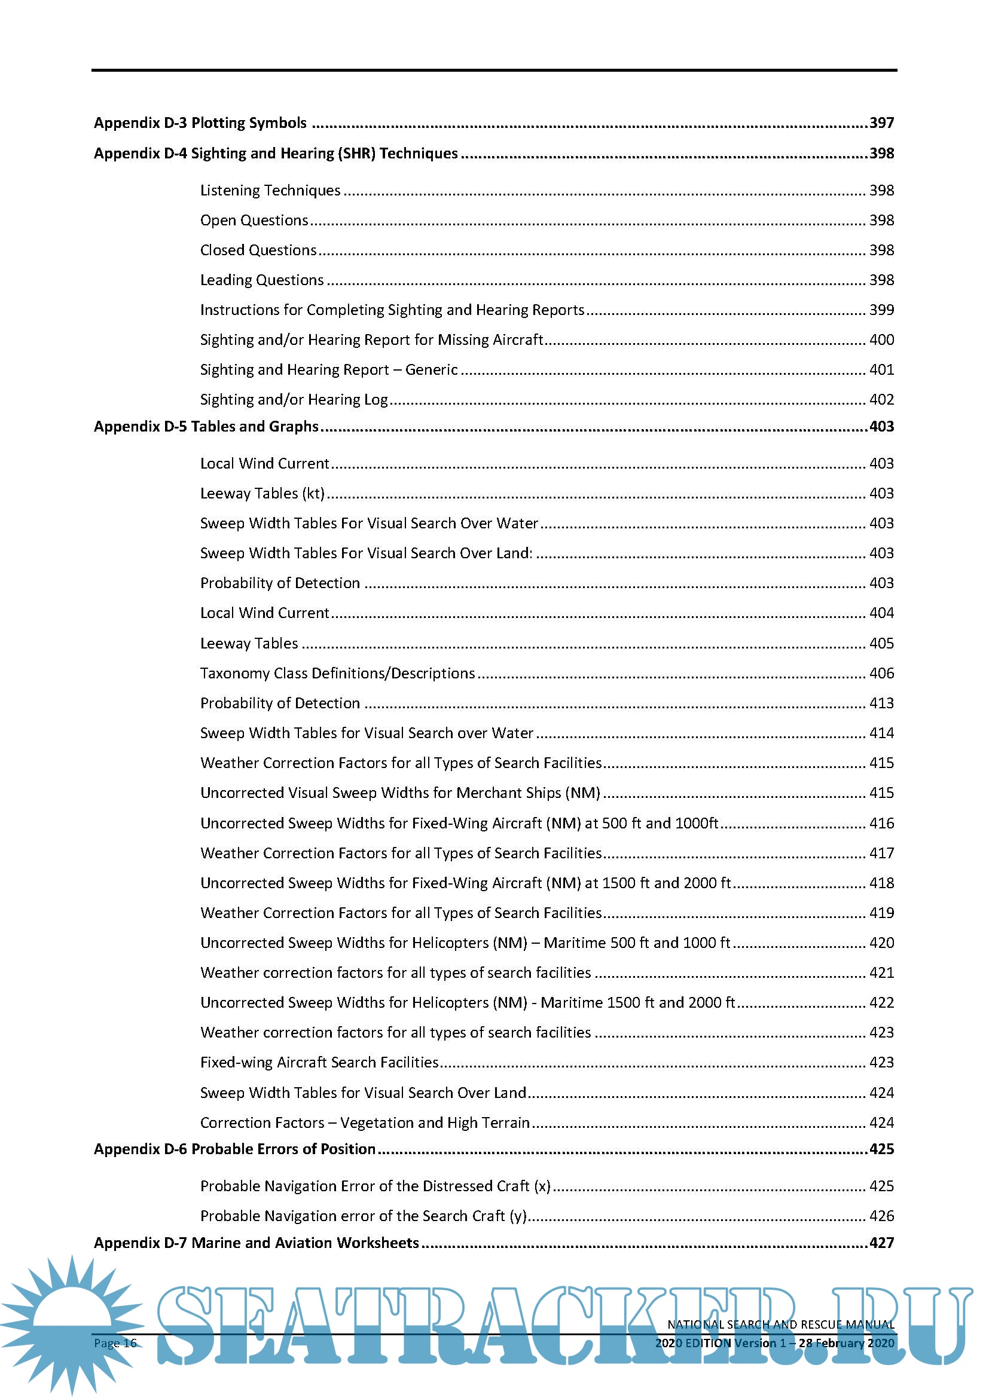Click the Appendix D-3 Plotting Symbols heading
click(x=200, y=123)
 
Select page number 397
click(x=881, y=123)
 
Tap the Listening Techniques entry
click(x=270, y=191)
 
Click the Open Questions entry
click(x=254, y=221)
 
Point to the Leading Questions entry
click(x=262, y=280)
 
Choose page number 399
click(x=881, y=310)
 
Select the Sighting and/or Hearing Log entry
click(x=294, y=399)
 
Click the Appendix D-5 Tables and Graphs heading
click(x=206, y=426)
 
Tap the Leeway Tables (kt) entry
click(x=262, y=493)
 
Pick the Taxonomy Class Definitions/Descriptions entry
click(x=337, y=673)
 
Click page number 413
click(x=881, y=703)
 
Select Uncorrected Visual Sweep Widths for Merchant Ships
click(x=400, y=793)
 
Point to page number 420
click(x=881, y=943)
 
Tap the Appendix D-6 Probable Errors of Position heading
click(x=234, y=1149)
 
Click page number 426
click(x=881, y=1216)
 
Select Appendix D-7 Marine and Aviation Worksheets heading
click(x=257, y=1243)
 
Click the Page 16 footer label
click(x=115, y=1343)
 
